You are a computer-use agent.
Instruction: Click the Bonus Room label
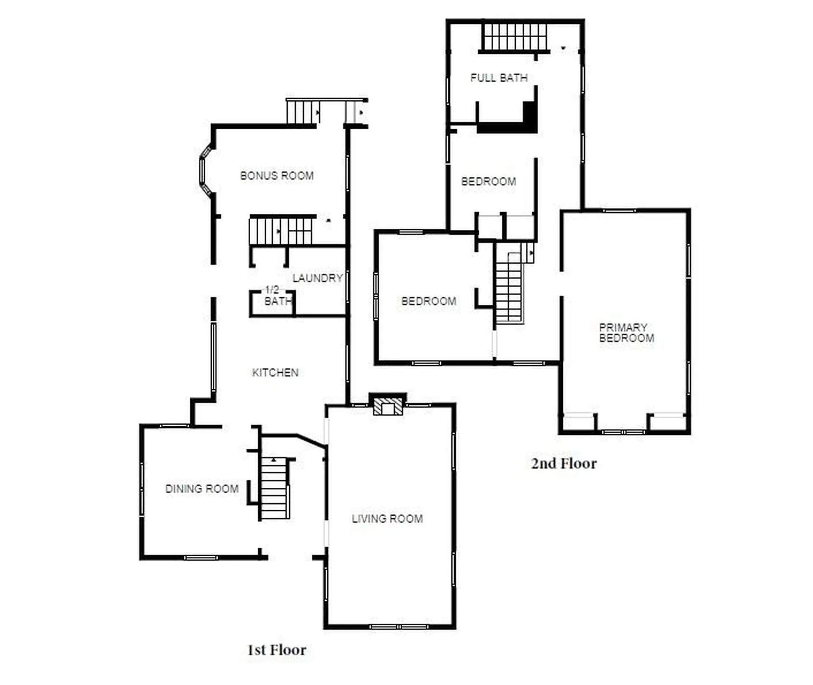click(x=277, y=176)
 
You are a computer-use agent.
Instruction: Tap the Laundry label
click(x=318, y=278)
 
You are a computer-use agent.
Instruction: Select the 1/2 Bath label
click(x=278, y=296)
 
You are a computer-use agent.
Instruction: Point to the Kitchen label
click(x=275, y=373)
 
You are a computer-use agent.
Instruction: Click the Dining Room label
click(x=202, y=489)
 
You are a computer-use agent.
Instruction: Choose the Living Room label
click(x=387, y=519)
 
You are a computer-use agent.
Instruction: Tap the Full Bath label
click(x=499, y=78)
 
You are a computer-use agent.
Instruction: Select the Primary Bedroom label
click(x=627, y=333)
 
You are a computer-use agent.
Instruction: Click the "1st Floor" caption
click(x=277, y=650)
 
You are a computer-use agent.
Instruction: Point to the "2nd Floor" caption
click(x=564, y=463)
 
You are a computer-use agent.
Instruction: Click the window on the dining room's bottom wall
click(x=201, y=558)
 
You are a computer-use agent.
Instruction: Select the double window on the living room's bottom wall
click(x=398, y=627)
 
